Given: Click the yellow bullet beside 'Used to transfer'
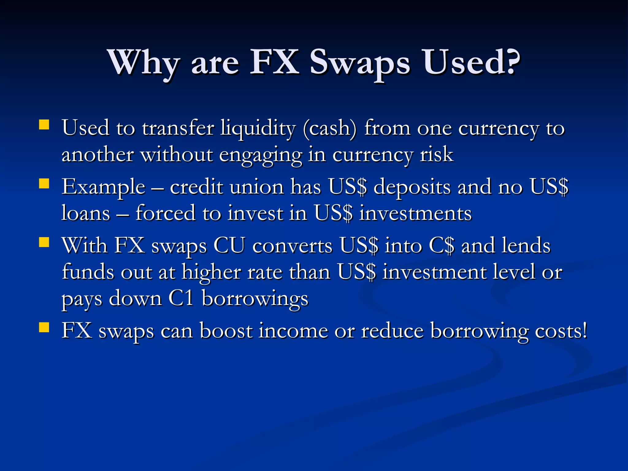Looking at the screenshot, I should [x=44, y=125].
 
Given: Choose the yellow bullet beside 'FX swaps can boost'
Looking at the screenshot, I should [x=44, y=327].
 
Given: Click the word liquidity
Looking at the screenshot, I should [x=258, y=128].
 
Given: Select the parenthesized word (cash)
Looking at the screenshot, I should [x=330, y=128].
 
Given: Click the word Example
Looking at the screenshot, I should [x=103, y=187].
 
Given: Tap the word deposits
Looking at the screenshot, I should [x=412, y=187].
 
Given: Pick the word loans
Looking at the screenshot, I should [x=86, y=213].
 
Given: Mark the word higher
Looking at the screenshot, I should [x=211, y=273].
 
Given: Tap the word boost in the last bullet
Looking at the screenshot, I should [x=226, y=331].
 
